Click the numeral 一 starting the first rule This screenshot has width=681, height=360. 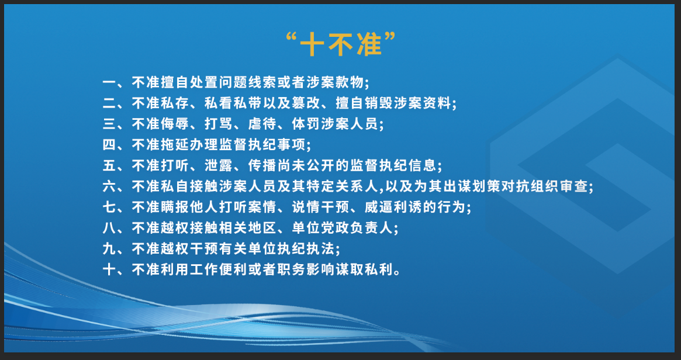tap(109, 82)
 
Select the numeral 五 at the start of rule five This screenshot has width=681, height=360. tap(109, 165)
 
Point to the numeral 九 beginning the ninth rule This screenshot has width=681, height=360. tap(109, 249)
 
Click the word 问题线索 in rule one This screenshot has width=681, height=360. tap(248, 82)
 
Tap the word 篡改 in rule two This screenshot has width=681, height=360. tap(307, 103)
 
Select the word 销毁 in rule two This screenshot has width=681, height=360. tap(379, 103)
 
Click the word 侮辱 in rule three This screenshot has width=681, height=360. tap(175, 124)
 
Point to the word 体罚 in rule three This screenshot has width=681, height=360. tap(307, 124)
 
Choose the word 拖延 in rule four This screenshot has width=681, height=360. tap(175, 144)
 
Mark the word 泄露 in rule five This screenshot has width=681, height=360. tap(219, 165)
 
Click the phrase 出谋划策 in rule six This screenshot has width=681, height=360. tap(472, 187)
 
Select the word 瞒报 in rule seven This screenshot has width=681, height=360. tap(175, 207)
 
